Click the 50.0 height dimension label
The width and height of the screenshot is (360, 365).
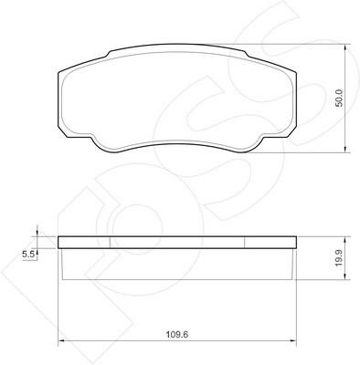[x=339, y=98]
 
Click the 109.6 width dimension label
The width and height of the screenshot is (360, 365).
[x=177, y=335]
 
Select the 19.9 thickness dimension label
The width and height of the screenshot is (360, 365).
[x=339, y=258]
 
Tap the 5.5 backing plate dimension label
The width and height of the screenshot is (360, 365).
[x=28, y=255]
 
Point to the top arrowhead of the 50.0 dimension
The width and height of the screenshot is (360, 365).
[x=345, y=48]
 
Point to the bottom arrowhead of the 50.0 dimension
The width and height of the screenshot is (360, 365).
[x=345, y=149]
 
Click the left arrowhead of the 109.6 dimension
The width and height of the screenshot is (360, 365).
[x=61, y=340]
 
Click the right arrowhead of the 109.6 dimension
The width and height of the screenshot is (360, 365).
[x=293, y=340]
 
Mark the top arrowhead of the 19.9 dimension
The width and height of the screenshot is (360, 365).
[x=345, y=240]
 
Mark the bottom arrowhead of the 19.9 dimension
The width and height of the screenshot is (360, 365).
[x=345, y=276]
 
